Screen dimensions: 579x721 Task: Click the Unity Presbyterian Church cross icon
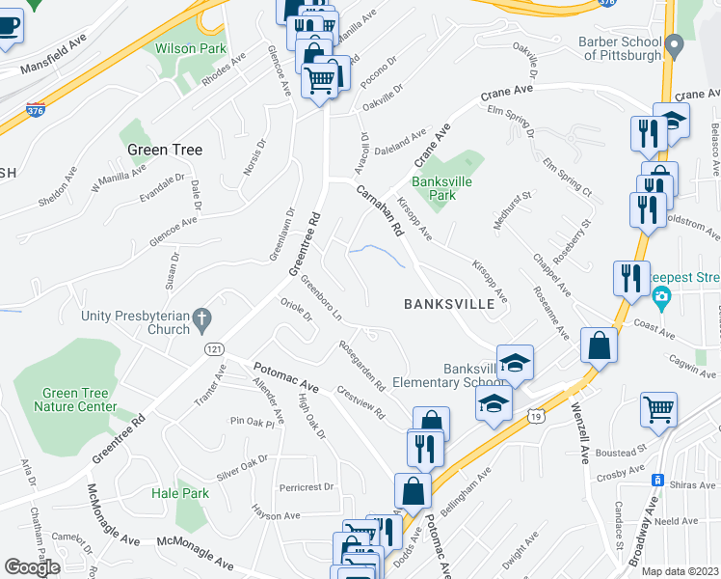(x=201, y=317)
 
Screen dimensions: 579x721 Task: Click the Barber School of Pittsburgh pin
(x=675, y=42)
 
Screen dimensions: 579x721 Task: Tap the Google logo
(x=32, y=567)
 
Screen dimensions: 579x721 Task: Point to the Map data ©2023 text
(x=681, y=571)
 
